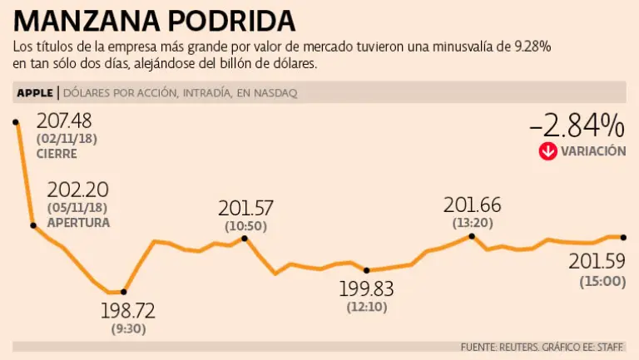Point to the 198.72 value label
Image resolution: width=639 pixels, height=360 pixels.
coord(127,312)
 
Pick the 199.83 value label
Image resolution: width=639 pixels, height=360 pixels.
coord(366,289)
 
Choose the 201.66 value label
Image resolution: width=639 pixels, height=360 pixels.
coord(472,204)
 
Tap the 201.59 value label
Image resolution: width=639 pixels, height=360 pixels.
coord(597,262)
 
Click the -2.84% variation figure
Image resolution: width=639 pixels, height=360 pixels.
coord(577,126)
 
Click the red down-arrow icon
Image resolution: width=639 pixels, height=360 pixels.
coord(547,151)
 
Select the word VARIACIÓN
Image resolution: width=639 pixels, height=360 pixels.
coord(593,151)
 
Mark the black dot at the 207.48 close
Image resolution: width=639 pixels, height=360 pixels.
coord(16,122)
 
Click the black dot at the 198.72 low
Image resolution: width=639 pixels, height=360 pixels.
coord(124,292)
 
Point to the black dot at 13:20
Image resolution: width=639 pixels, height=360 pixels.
coord(472,236)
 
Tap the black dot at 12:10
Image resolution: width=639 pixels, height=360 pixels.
coord(366,270)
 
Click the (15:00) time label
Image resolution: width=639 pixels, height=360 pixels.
coord(602,282)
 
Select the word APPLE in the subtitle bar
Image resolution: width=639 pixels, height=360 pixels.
coord(35,92)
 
